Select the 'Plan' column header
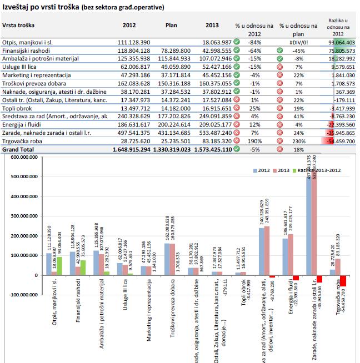click(172, 26)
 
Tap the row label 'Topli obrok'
click(17, 109)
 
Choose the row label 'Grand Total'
click(18, 150)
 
